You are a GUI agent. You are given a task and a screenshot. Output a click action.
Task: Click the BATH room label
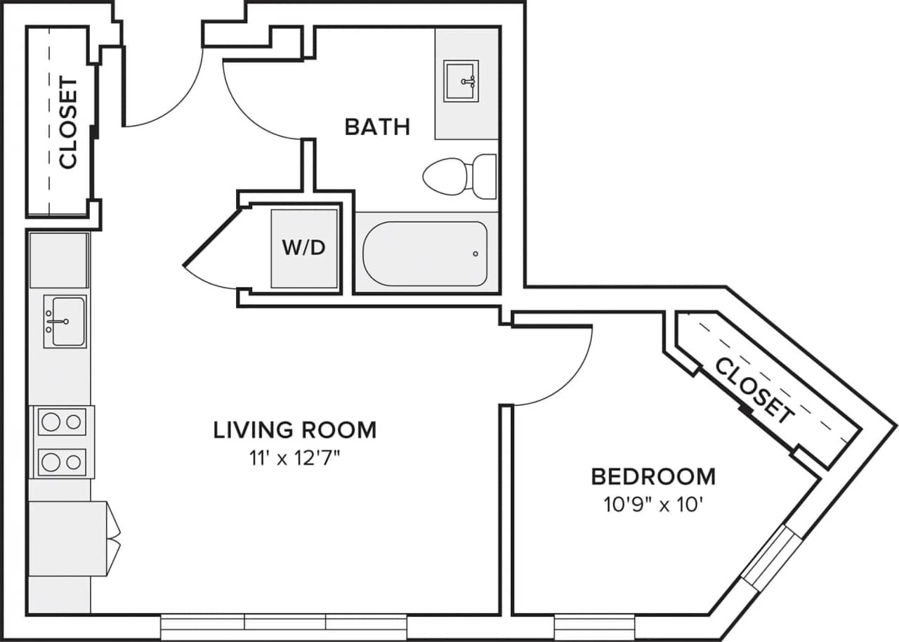377,127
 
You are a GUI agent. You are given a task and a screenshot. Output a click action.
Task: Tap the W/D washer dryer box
305,247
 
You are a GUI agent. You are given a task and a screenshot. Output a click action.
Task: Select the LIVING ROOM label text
295,429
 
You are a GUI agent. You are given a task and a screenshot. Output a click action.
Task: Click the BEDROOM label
653,476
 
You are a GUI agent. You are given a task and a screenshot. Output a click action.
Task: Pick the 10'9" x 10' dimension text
653,504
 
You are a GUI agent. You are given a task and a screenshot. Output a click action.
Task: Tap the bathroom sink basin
461,81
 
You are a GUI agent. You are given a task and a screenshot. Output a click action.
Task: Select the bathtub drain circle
475,254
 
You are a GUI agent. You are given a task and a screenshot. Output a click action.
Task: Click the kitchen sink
65,322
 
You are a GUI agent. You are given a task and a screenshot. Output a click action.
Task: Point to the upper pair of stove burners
62,421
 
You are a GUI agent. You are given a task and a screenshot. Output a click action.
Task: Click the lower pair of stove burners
62,462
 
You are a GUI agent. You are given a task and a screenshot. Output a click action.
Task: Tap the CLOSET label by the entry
68,124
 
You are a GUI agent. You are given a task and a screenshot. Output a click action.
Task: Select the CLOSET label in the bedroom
754,391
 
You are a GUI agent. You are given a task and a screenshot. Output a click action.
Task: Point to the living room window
284,627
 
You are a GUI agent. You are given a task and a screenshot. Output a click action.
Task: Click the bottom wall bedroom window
594,627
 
